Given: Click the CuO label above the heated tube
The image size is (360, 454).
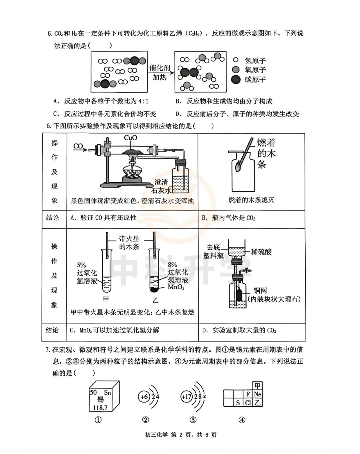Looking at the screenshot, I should click(x=130, y=138).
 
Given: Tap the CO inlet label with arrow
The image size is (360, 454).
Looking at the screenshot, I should click(x=78, y=146).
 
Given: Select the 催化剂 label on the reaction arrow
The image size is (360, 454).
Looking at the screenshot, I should click(x=160, y=68).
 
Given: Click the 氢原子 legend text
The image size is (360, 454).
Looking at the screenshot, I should click(x=255, y=61).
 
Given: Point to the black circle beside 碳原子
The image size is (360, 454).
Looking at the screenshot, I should click(x=236, y=79).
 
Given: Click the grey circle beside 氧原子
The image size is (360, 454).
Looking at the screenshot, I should click(x=236, y=70).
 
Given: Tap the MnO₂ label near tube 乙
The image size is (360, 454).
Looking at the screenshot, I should click(x=176, y=287).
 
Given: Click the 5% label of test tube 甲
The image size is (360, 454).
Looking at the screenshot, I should click(x=81, y=265).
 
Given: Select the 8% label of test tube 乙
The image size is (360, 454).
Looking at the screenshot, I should click(x=172, y=265).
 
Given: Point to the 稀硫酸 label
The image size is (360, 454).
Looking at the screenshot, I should click(x=261, y=252).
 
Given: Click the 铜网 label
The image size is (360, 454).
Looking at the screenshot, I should click(x=260, y=290).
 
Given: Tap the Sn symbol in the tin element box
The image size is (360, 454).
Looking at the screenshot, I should click(x=107, y=393).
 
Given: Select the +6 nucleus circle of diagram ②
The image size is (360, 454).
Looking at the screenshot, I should click(x=144, y=397).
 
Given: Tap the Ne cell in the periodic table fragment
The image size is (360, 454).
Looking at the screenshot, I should click(x=257, y=394).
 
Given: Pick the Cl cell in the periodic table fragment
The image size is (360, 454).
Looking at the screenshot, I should click(x=248, y=402).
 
